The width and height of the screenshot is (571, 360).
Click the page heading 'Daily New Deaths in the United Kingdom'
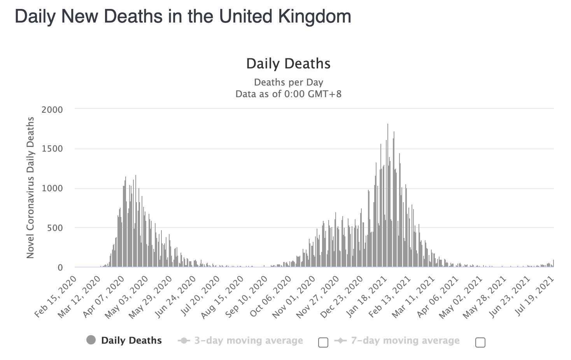[x=183, y=17]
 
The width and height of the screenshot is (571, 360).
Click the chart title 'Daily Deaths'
[x=288, y=64]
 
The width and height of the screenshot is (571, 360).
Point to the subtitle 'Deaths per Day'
[x=288, y=82]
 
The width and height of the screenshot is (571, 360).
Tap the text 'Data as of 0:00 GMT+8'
[x=288, y=94]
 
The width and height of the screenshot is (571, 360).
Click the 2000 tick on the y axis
[x=52, y=110]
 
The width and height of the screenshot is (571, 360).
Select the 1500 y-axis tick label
[x=52, y=149]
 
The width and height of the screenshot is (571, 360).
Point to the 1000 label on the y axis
[x=52, y=189]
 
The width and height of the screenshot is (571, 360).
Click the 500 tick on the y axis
[x=55, y=228]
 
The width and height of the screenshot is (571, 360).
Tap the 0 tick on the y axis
[x=60, y=267]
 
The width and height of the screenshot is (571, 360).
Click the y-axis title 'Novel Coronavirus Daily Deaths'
[x=30, y=188]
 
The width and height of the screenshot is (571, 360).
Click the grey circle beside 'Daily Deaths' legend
[x=91, y=340]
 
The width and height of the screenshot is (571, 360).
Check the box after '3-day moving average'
[x=323, y=343]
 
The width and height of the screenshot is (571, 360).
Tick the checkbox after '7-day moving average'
[x=480, y=343]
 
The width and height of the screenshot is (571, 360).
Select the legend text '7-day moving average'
[x=405, y=341]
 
